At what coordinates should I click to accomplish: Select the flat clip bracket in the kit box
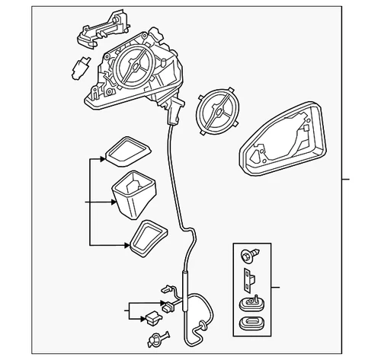(248, 279)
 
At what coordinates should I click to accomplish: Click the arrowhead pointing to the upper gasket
(102, 161)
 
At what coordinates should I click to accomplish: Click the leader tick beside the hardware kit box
(275, 288)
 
